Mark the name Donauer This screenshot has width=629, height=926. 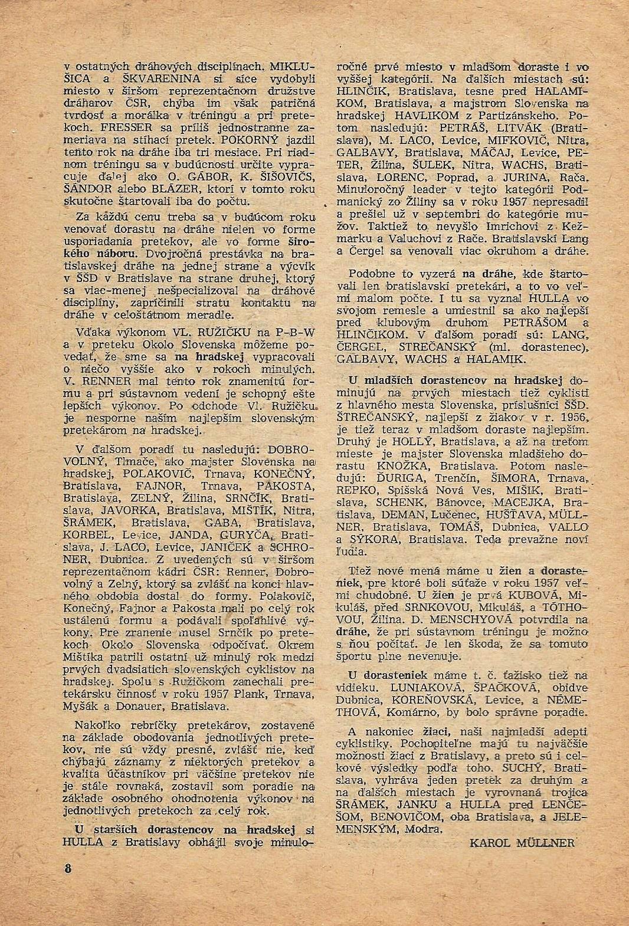(170, 705)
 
